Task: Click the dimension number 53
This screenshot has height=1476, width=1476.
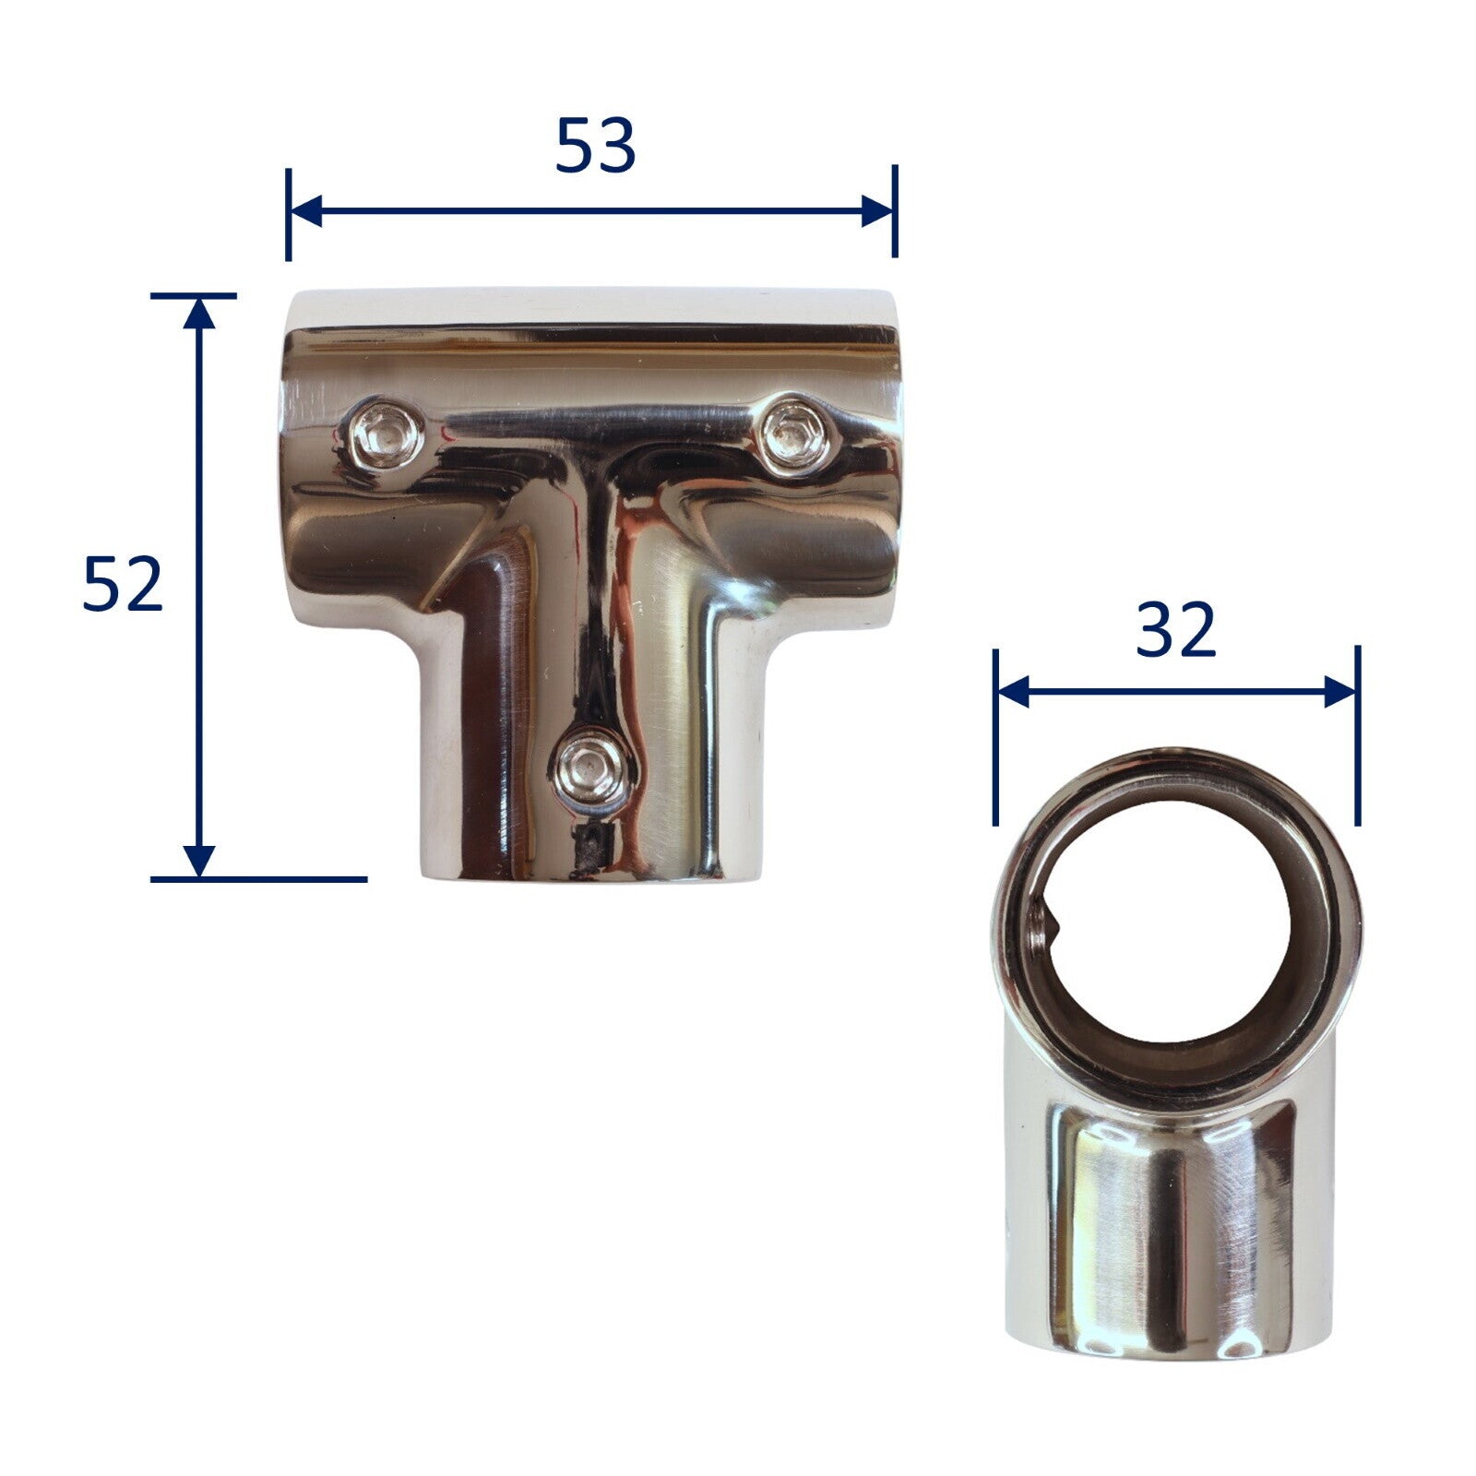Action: [595, 146]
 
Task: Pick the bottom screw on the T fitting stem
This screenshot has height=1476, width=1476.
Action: [591, 767]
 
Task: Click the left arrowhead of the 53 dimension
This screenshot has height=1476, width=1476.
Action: [305, 211]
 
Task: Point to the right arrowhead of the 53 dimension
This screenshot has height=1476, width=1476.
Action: [877, 211]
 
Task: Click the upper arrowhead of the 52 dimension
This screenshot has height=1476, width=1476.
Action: [198, 314]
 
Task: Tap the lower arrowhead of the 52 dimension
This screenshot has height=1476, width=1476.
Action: [198, 861]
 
